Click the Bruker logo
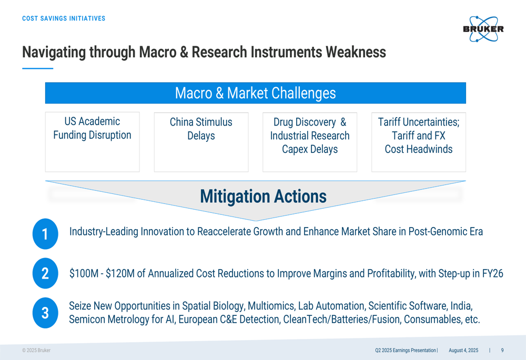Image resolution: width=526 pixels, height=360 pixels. click(x=483, y=29)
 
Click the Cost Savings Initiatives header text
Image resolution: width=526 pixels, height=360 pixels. click(x=64, y=18)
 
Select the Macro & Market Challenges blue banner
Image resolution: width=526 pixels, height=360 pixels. click(x=256, y=93)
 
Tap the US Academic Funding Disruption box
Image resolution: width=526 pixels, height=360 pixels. click(x=92, y=142)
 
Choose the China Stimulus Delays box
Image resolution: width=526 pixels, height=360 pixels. click(x=201, y=142)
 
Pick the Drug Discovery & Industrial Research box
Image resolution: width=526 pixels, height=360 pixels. click(x=310, y=142)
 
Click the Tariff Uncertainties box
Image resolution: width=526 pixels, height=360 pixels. click(x=419, y=142)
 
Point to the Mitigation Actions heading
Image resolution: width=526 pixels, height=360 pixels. click(x=264, y=197)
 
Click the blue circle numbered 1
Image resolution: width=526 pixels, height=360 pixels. click(x=45, y=234)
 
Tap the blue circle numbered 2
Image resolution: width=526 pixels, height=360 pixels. click(x=45, y=273)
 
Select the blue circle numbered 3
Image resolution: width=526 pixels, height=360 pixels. click(x=45, y=313)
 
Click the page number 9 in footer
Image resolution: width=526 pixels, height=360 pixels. click(x=502, y=351)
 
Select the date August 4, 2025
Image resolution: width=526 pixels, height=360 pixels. click(x=463, y=351)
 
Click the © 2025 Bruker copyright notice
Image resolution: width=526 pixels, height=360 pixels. click(x=36, y=351)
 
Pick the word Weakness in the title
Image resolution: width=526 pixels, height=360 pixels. click(x=356, y=52)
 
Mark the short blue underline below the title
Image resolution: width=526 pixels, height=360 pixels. click(x=37, y=68)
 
